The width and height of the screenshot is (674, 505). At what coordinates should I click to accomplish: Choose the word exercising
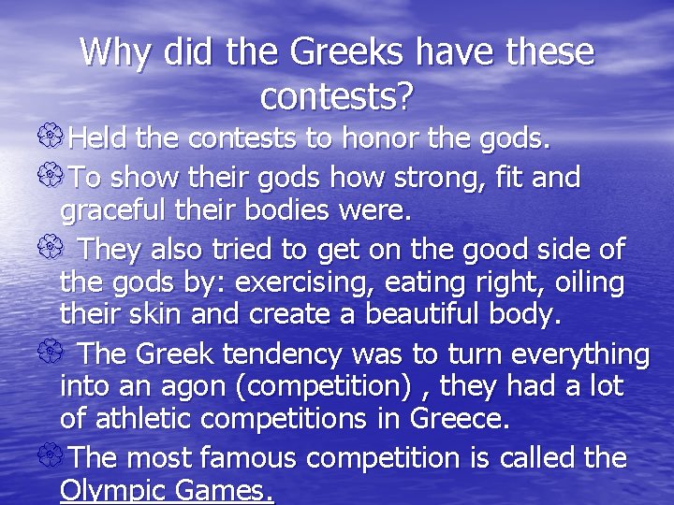[x=318, y=281]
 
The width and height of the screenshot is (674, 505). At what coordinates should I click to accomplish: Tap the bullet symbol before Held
[x=54, y=140]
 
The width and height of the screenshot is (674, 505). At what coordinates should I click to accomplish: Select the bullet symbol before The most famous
[x=54, y=458]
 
